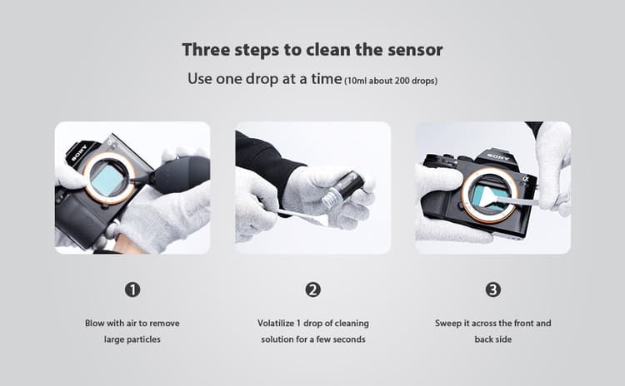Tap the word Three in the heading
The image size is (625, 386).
point(206,50)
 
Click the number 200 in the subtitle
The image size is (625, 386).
point(402,81)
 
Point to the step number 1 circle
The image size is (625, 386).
point(132,289)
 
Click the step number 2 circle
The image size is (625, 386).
point(312,289)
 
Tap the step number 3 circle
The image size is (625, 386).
point(493,289)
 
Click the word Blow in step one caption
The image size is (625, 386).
point(94,323)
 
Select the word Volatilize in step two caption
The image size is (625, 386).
point(276,323)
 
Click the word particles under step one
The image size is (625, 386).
point(144,339)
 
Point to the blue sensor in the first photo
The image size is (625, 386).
point(107,180)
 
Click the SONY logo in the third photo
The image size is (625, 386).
point(497,156)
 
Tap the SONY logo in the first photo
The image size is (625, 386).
point(79,153)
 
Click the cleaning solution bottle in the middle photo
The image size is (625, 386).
point(342,190)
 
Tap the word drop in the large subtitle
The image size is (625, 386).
point(262,79)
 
